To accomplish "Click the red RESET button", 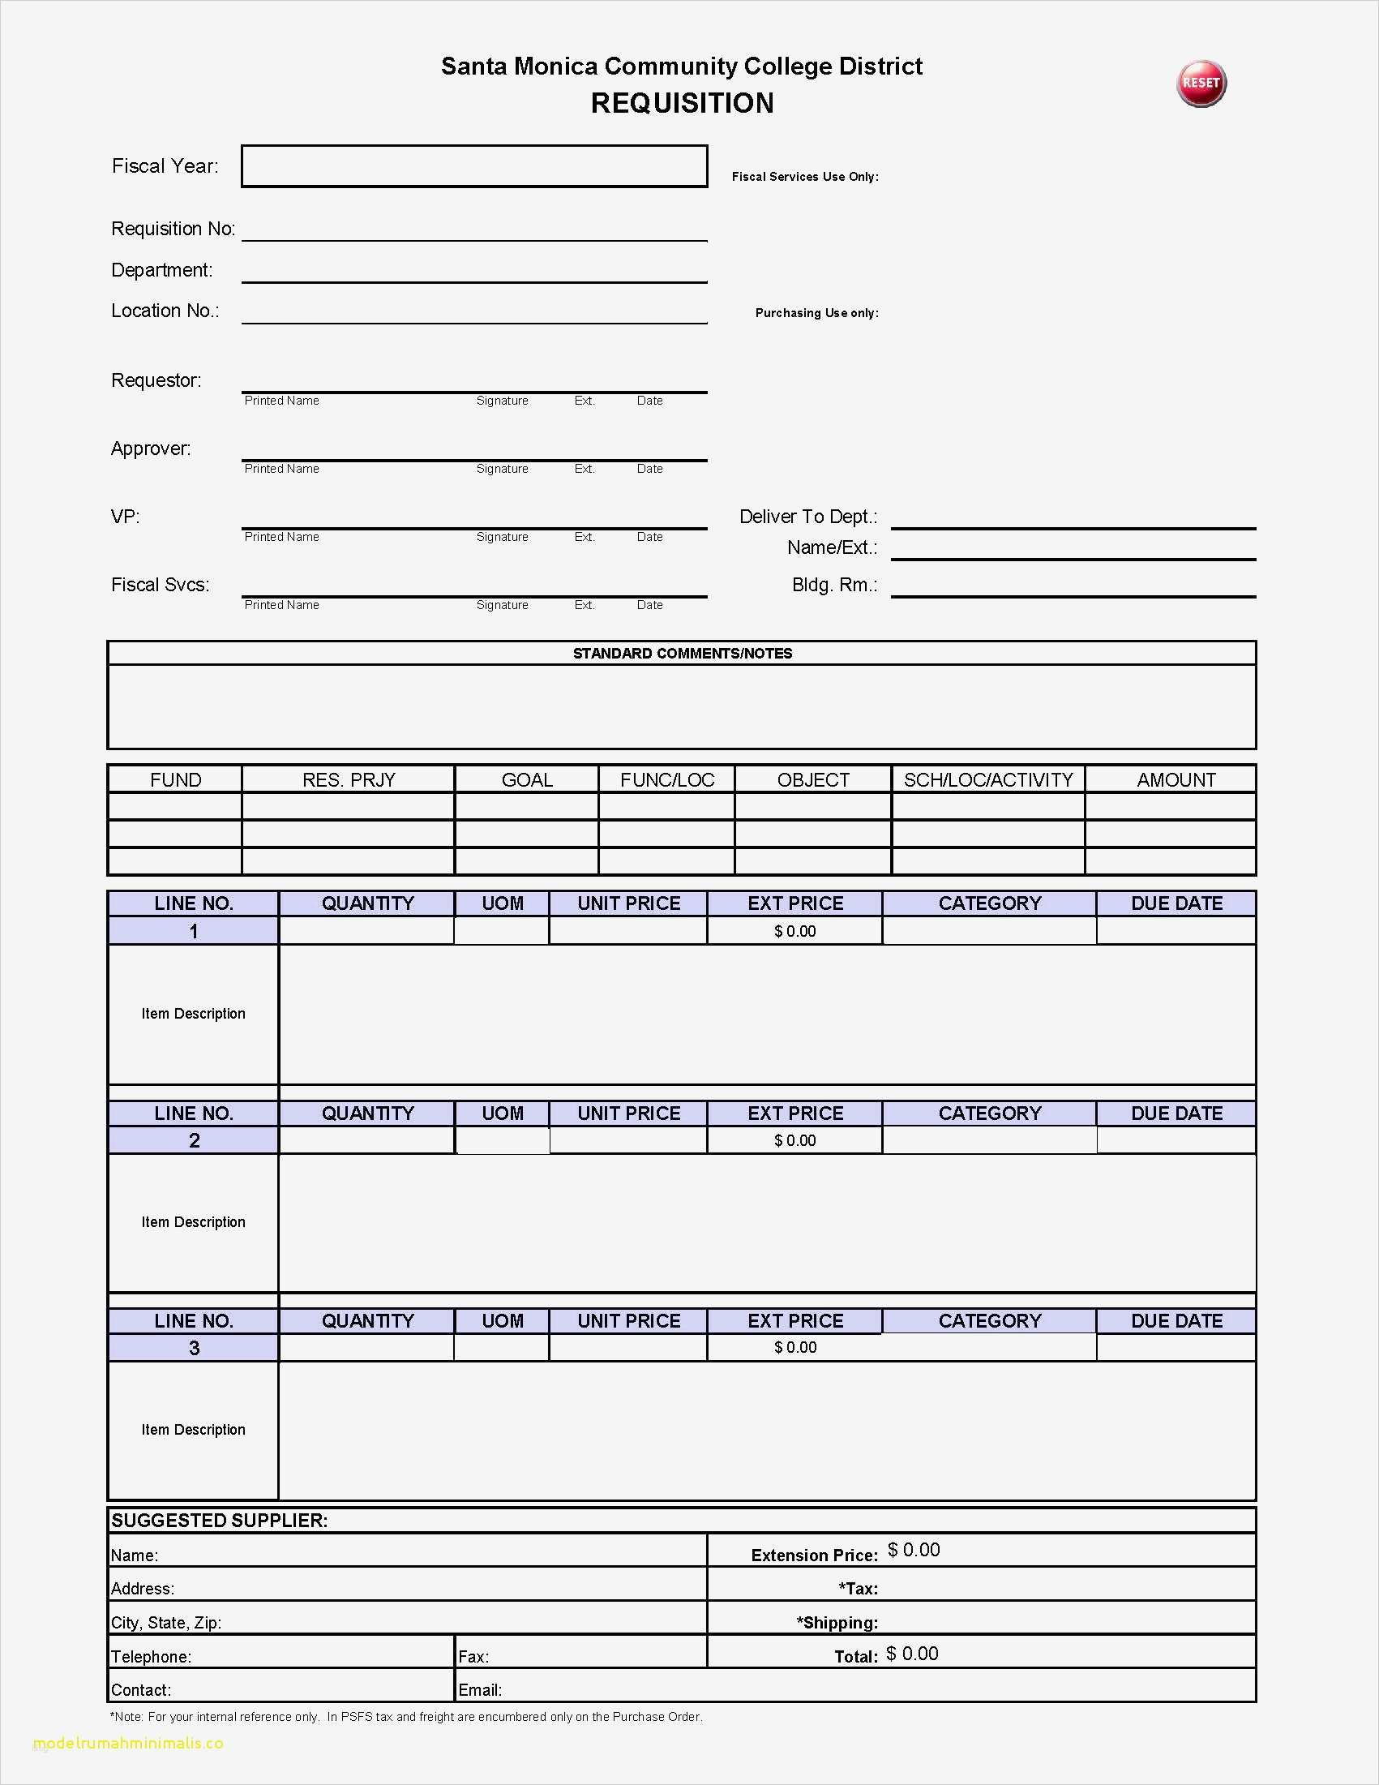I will click(1201, 84).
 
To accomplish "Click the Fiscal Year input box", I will click(473, 166).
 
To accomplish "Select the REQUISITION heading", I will click(682, 104).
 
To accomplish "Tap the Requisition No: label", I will click(173, 229).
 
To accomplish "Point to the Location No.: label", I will click(165, 311).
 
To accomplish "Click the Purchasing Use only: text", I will click(817, 313).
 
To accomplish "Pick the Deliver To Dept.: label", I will click(808, 517).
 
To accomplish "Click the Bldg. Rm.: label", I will click(834, 586).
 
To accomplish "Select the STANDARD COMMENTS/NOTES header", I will click(682, 653).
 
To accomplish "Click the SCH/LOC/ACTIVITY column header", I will click(987, 779).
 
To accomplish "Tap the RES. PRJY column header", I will click(348, 779).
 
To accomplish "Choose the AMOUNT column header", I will click(1176, 779).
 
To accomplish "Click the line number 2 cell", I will click(194, 1140).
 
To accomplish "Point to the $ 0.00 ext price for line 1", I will click(794, 931).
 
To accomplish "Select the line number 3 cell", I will click(194, 1348).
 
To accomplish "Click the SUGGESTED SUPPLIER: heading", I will click(219, 1520).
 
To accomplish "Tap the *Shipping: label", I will click(837, 1622).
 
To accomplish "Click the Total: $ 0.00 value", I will click(912, 1654).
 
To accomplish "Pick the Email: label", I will click(480, 1690).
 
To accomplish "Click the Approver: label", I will click(151, 448).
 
